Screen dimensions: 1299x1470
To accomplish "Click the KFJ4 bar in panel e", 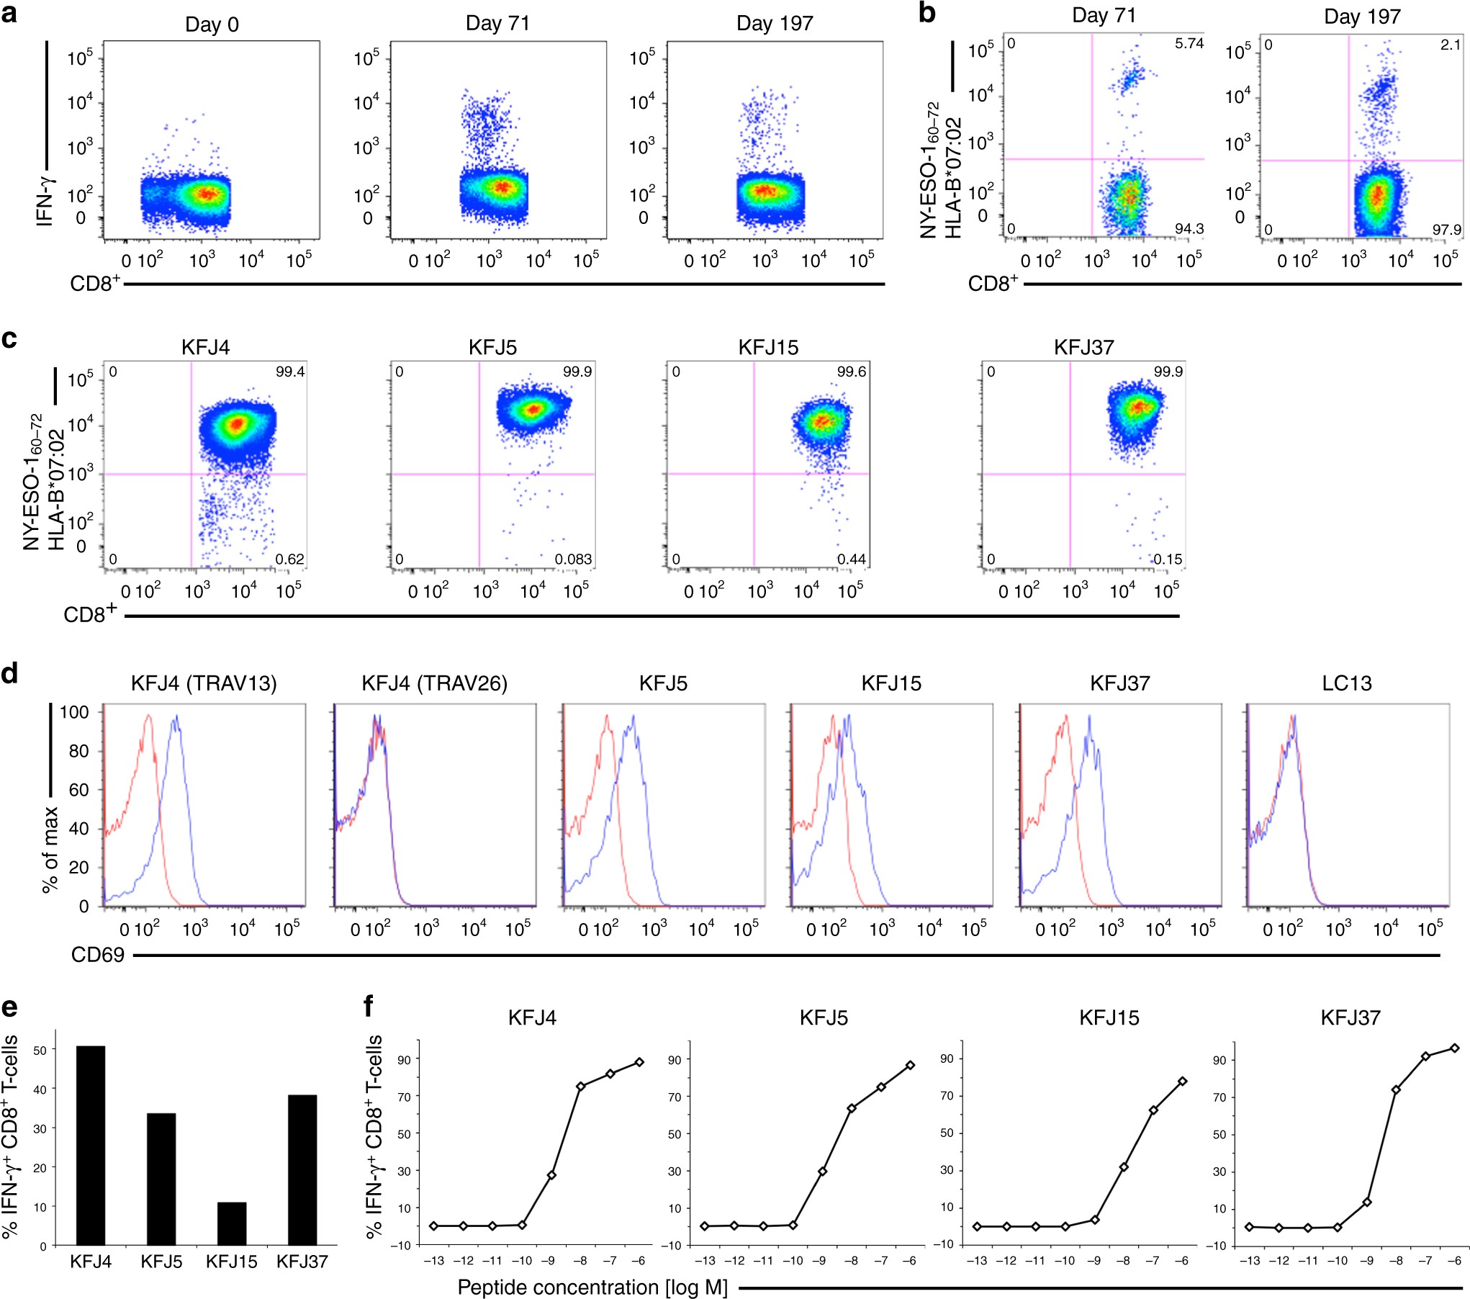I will point(91,1145).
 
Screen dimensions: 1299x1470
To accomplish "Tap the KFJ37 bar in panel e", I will point(302,1169).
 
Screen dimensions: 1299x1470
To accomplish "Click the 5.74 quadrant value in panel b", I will point(1189,43).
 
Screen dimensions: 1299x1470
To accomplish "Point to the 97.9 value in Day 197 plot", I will point(1446,230).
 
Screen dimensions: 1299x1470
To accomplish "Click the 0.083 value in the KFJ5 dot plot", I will point(573,559).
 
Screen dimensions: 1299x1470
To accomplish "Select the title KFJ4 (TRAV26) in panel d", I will point(434,683).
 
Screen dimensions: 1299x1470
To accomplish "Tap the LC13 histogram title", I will point(1346,683).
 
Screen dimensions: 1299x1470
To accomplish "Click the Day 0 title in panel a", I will point(212,24).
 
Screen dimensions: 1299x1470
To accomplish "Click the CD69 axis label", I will point(98,955).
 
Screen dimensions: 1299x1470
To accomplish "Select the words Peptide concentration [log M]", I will point(592,1287).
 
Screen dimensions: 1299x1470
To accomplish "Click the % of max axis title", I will point(50,850).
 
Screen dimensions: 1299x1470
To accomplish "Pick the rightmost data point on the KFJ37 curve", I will point(1454,1048).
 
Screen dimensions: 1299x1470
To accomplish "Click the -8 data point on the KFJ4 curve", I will point(580,1086).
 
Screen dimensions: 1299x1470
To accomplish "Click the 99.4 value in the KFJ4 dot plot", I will point(290,372).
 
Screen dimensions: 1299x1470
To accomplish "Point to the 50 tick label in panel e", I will point(40,1051).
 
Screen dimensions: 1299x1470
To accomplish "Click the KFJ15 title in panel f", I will point(1109,1017).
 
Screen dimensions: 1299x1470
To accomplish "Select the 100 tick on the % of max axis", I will point(74,712).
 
